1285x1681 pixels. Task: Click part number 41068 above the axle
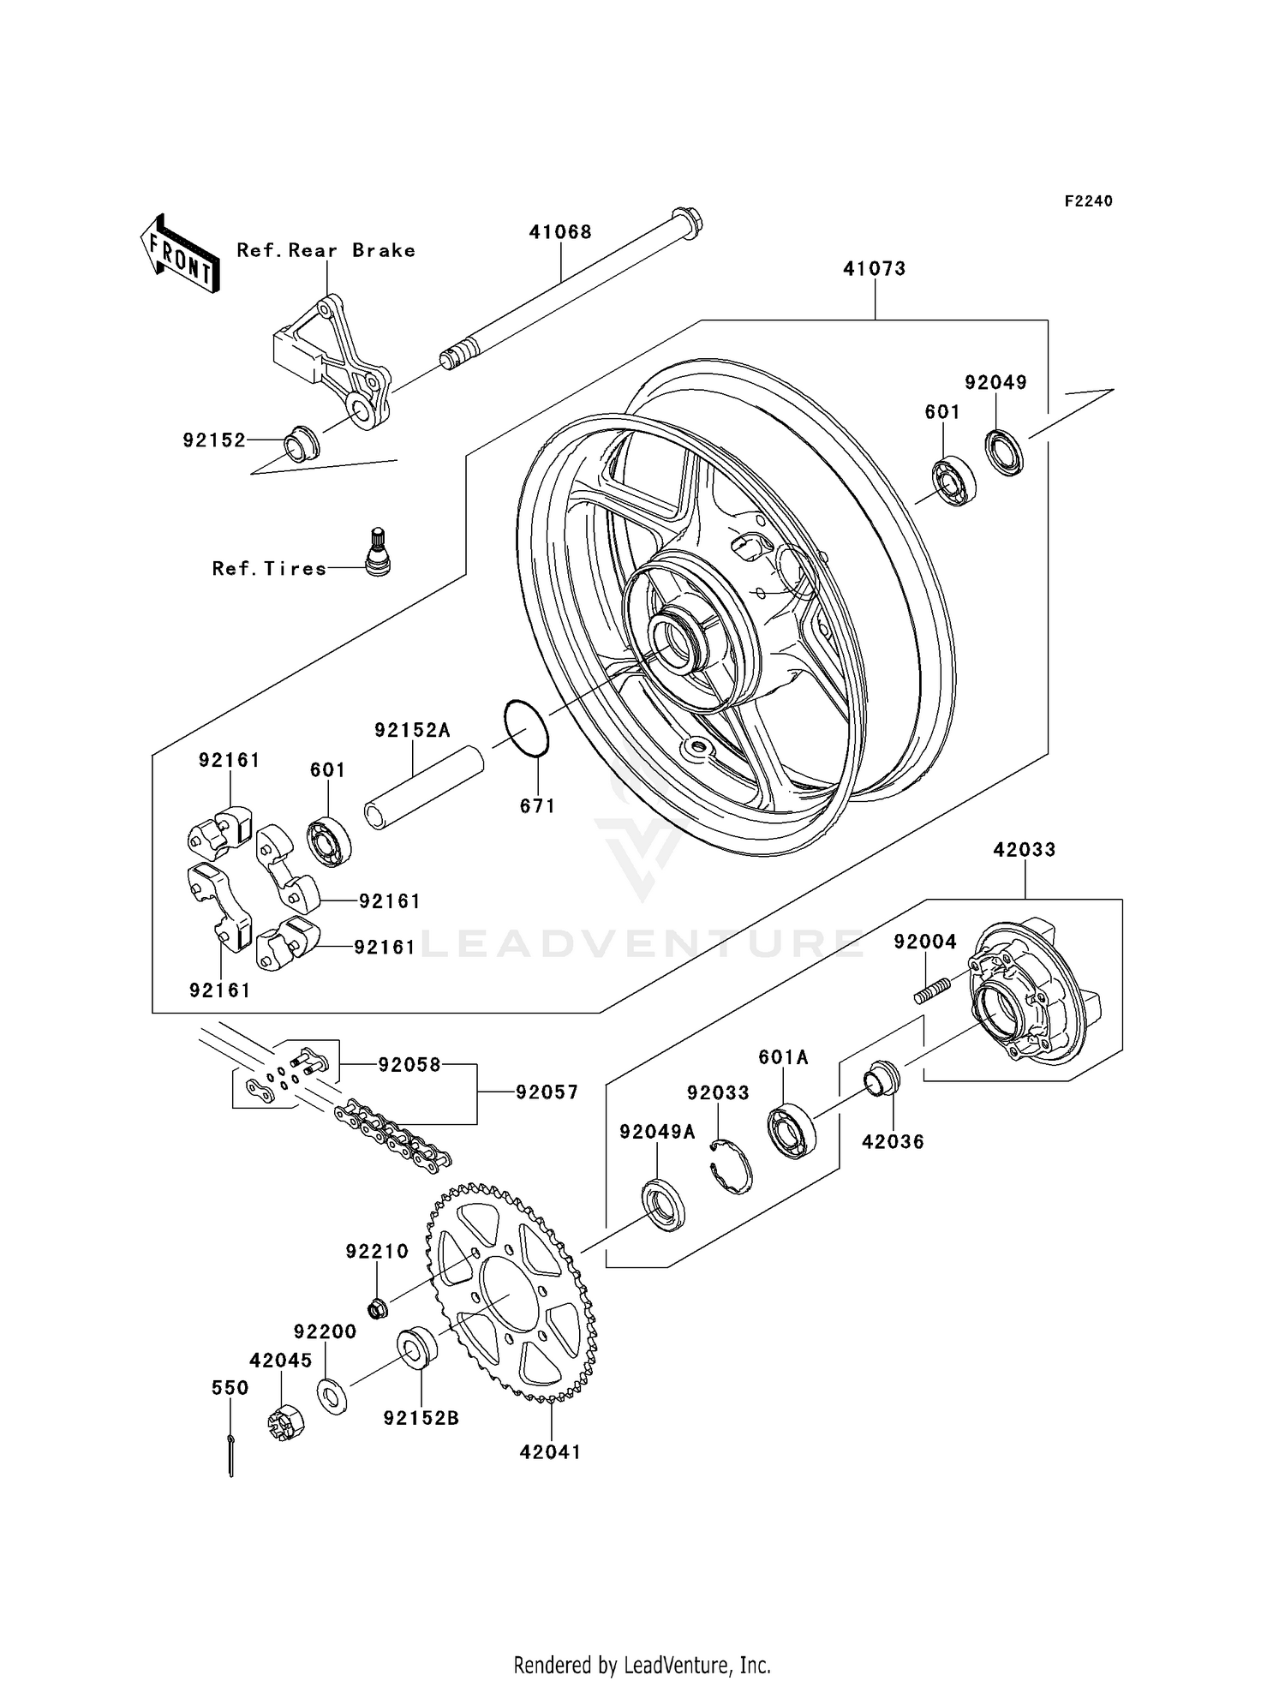560,232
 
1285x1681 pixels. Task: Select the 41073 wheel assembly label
874,269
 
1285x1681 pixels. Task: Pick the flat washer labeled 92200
332,1394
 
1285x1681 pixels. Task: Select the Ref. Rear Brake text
326,250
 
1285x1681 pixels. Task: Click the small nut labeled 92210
377,1308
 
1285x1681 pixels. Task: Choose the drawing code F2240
1088,201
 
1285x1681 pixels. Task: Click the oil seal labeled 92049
1004,453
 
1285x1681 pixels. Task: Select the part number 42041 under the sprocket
550,1452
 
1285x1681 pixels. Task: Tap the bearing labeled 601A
792,1131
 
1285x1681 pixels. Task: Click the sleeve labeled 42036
882,1079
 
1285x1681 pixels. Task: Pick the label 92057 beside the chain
547,1092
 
